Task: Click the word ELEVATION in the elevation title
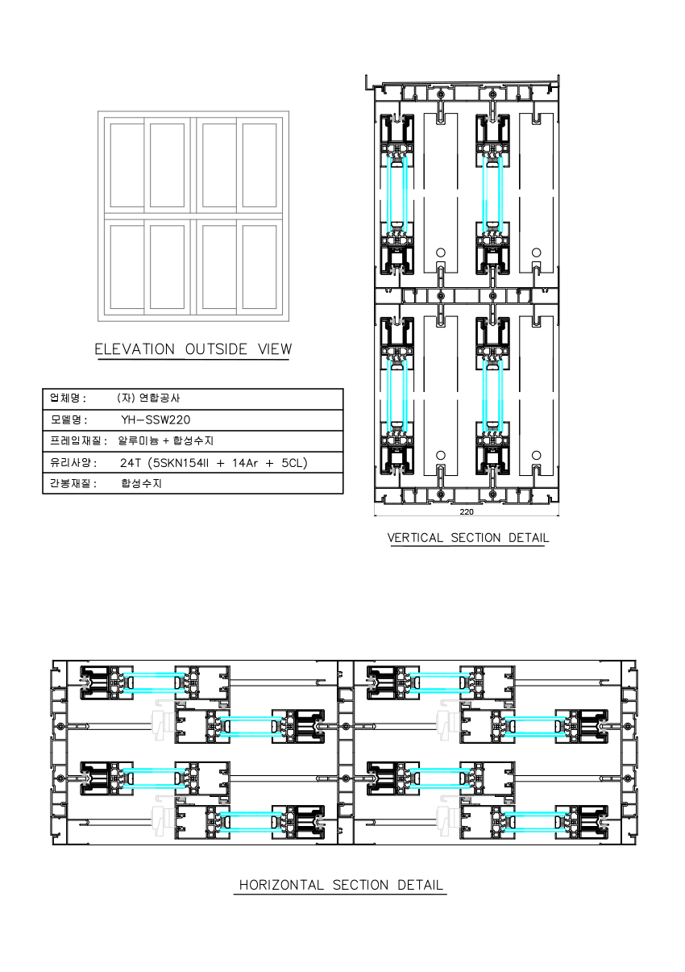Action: (135, 349)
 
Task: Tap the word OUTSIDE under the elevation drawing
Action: (216, 349)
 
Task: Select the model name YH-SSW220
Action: (156, 419)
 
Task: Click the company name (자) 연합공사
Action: (148, 398)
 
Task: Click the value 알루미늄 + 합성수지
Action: (166, 441)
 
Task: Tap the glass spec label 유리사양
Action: (70, 462)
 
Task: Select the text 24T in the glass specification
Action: (131, 463)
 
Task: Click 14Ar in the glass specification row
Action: (245, 463)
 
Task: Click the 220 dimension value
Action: (467, 512)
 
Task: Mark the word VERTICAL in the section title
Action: (415, 538)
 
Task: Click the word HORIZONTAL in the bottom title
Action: (281, 885)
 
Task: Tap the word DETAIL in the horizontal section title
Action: (420, 885)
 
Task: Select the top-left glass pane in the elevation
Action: (127, 165)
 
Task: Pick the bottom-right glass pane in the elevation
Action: (259, 267)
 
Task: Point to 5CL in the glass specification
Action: (292, 463)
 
